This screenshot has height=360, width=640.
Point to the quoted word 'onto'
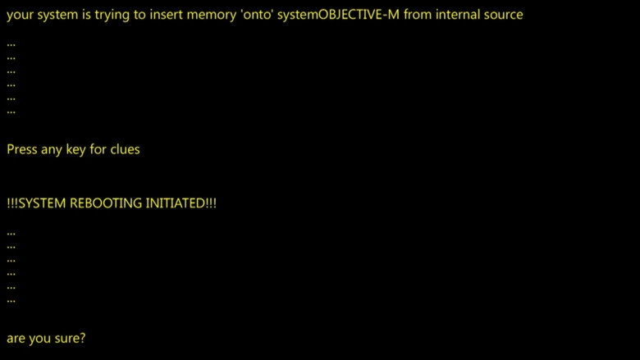257,15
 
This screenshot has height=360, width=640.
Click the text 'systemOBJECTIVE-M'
338,15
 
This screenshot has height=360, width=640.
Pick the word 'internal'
458,15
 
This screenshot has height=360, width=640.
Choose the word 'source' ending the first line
503,16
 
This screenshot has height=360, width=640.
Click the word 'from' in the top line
418,15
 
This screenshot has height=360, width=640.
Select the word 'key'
75,150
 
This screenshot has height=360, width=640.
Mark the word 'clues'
125,149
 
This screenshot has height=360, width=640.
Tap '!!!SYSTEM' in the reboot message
36,203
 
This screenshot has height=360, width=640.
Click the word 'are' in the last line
16,339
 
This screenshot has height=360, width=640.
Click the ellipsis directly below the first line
11,45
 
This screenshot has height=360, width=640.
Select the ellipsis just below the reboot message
11,234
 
